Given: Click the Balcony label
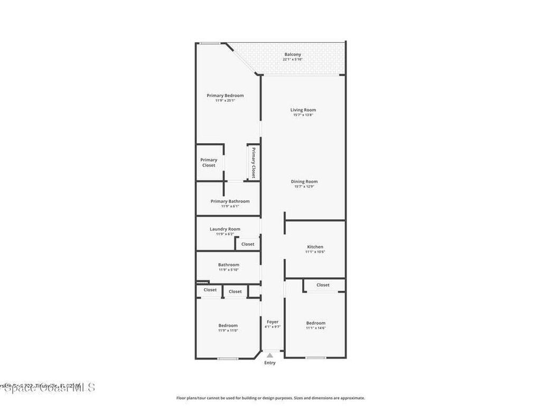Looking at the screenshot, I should [x=293, y=54].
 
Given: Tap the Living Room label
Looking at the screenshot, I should [x=303, y=110].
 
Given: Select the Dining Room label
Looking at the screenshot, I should [x=304, y=181].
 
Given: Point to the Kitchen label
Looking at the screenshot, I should [x=315, y=247].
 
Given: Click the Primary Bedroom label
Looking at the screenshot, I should [x=225, y=96].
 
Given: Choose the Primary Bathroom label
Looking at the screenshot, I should [x=230, y=201].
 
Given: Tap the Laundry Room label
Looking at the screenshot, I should [x=225, y=229].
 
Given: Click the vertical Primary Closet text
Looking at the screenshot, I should [x=254, y=163].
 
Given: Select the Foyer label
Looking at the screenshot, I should [x=273, y=321].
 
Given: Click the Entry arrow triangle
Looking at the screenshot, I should [x=270, y=356].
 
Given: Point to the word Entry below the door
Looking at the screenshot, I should [x=270, y=363].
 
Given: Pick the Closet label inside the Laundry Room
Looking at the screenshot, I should [x=248, y=244].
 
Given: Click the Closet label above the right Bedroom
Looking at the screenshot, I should [x=323, y=285].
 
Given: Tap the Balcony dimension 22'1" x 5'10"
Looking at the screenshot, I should [x=293, y=60].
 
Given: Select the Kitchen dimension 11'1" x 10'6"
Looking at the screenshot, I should [x=315, y=252].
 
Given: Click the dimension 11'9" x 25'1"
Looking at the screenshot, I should [x=225, y=101].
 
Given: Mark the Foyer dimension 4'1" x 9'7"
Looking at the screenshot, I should [x=273, y=327].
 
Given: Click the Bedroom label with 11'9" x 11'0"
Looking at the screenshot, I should [x=228, y=325].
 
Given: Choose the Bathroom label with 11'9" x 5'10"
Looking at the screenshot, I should [x=229, y=265].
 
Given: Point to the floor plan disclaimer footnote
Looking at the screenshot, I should [x=270, y=398].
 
